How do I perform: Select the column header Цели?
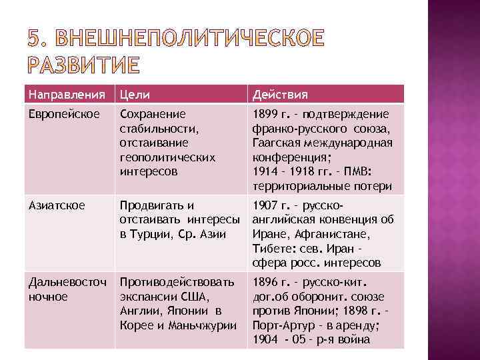pyautogui.click(x=133, y=94)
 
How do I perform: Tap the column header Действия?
pyautogui.click(x=279, y=94)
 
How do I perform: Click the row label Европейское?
pyautogui.click(x=61, y=114)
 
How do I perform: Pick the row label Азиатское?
pyautogui.click(x=57, y=205)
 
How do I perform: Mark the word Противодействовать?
pyautogui.click(x=177, y=282)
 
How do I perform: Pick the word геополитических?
pyautogui.click(x=167, y=158)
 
